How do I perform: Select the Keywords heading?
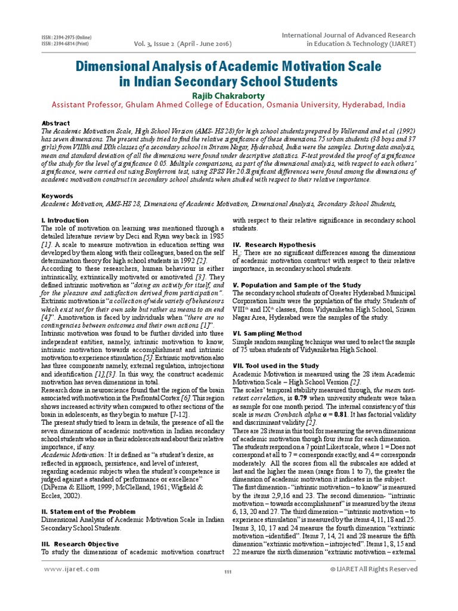point(57,195)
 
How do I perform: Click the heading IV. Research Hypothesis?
point(274,245)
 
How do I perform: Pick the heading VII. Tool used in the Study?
point(276,365)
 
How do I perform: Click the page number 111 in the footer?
point(227,573)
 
